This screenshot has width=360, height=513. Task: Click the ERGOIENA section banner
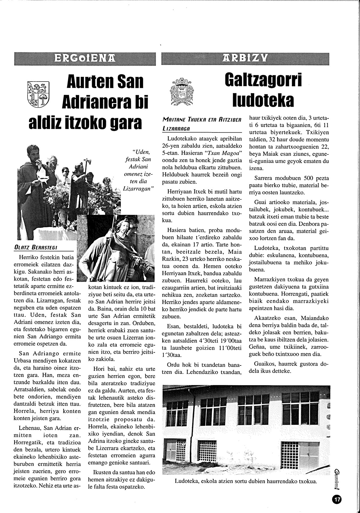tap(85, 58)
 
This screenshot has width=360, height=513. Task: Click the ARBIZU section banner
tap(245, 58)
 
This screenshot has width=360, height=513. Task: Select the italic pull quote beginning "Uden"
tap(139, 170)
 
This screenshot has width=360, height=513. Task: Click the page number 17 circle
tap(337, 500)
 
